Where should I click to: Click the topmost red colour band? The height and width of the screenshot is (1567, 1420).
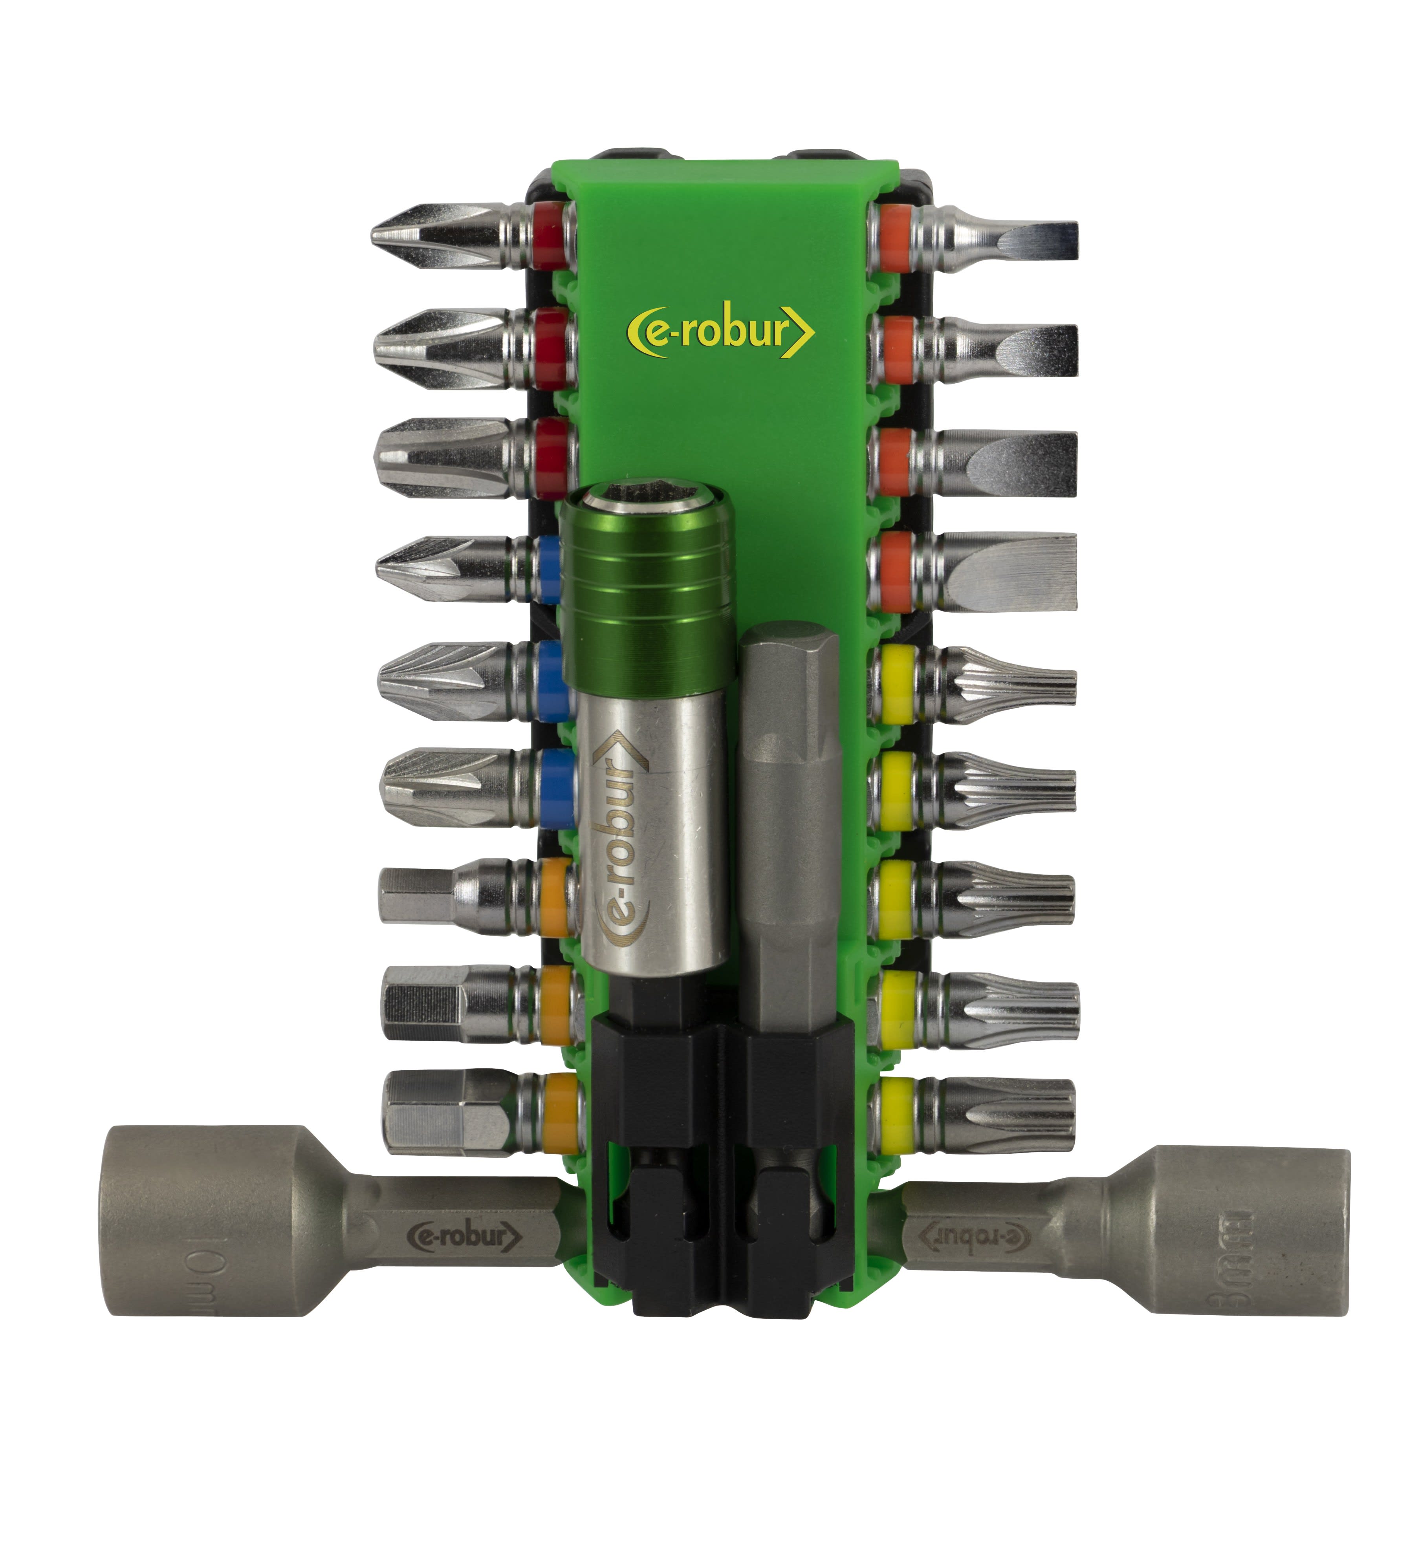pyautogui.click(x=549, y=236)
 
